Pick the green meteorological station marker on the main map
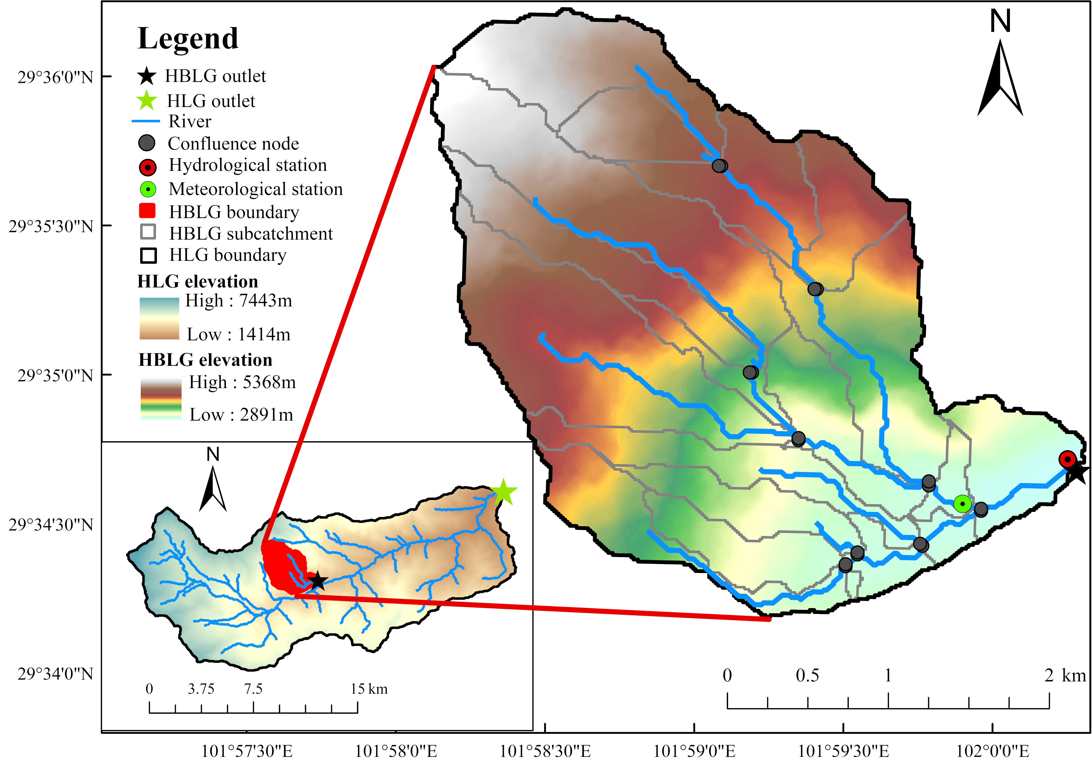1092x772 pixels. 962,503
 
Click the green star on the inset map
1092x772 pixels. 503,492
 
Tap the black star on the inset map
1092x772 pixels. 317,581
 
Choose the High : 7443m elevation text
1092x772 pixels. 239,301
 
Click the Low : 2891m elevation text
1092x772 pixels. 241,415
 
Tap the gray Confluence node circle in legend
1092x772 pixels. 147,143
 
